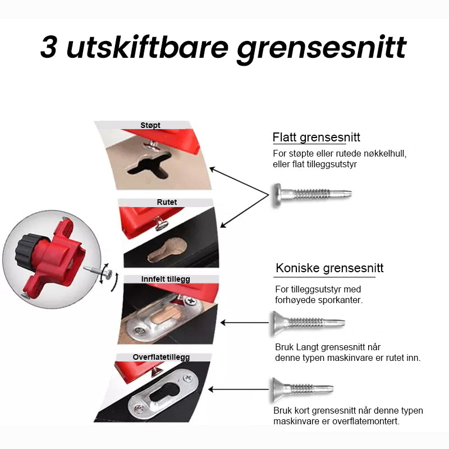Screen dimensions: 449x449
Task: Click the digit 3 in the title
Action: coord(48,47)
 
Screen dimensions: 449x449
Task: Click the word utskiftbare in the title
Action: coord(147,47)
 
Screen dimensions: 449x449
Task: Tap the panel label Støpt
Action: coord(150,125)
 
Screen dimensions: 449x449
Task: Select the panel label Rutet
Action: coord(167,202)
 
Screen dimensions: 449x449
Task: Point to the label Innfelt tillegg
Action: coord(166,279)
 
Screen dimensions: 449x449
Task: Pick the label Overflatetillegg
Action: coord(161,357)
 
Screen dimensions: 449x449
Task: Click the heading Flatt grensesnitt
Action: coord(316,137)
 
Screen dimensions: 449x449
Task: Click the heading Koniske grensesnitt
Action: coord(329,268)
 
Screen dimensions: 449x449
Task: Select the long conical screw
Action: coord(308,323)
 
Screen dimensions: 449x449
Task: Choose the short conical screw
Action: coord(302,389)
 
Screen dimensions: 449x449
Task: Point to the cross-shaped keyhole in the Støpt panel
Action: coord(149,165)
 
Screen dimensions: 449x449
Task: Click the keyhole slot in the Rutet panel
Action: coord(167,250)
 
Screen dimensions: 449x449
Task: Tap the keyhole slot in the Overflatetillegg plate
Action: coord(164,392)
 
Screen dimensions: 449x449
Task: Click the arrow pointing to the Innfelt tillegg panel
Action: coord(245,323)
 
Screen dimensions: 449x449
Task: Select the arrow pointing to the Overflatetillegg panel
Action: coord(239,390)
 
